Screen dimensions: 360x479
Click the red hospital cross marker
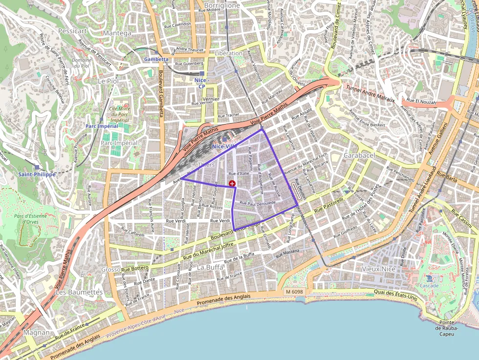click(x=232, y=183)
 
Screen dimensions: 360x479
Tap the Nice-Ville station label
click(x=225, y=146)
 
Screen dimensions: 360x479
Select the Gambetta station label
click(x=156, y=59)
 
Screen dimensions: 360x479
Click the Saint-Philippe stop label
click(x=37, y=174)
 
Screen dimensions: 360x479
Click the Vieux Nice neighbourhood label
click(x=378, y=269)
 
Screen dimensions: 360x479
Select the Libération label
click(x=228, y=53)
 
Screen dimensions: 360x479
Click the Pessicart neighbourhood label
click(x=72, y=30)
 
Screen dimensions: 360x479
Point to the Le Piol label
click(x=108, y=81)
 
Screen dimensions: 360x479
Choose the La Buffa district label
click(x=210, y=267)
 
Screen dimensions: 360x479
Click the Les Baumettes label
click(x=79, y=292)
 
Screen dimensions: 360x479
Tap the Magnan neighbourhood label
click(x=37, y=332)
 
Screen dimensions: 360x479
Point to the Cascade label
click(x=430, y=285)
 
